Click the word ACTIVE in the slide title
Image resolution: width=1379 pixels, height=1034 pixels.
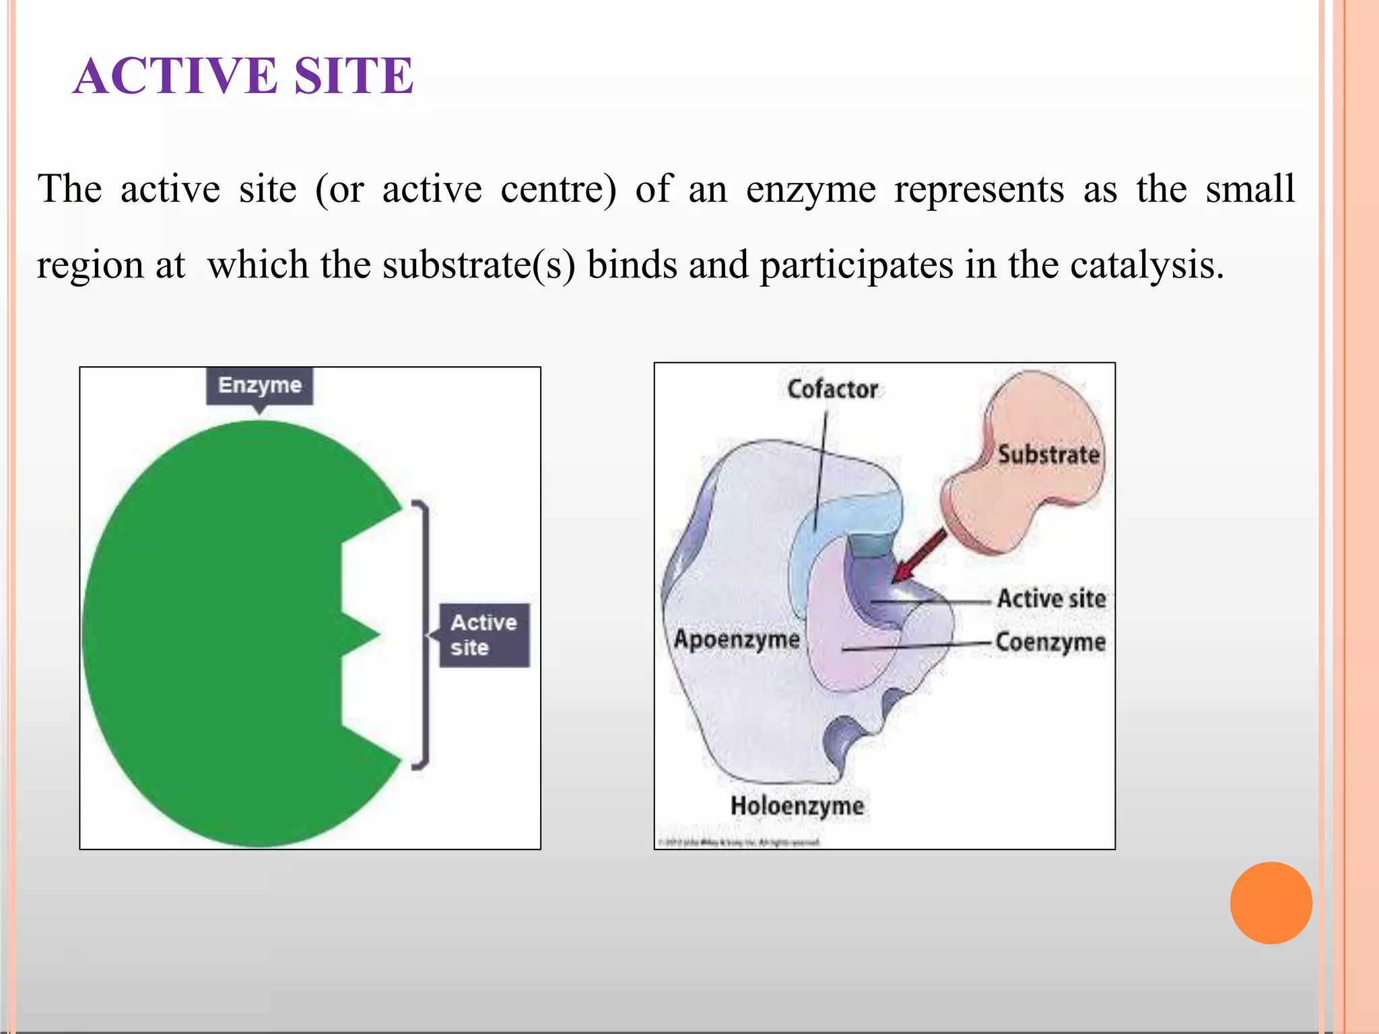pos(175,75)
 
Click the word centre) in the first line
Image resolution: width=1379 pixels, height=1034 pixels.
pos(558,189)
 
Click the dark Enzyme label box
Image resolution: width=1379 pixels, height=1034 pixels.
pos(259,386)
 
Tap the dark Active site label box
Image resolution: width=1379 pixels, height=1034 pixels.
pos(484,635)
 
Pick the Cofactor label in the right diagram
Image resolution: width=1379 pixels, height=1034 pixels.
pos(832,389)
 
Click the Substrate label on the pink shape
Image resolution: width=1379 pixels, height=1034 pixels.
pos(1048,454)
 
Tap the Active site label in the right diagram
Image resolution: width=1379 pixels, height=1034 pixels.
pos(1051,598)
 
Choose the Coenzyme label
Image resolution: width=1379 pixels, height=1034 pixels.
pos(1050,642)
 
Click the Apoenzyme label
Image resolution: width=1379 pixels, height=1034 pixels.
pos(737,639)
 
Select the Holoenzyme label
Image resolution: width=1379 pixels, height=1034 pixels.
pos(797,806)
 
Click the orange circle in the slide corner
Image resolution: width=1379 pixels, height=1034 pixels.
pos(1271,903)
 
